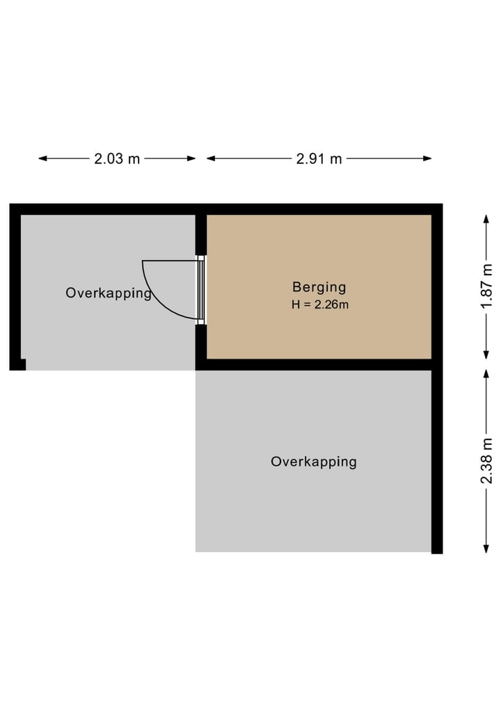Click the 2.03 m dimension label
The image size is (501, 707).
click(117, 159)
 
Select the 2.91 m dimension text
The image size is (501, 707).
click(319, 159)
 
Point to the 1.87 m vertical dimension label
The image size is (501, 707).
click(486, 286)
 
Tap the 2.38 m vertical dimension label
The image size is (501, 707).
click(486, 460)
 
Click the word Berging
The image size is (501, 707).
click(319, 286)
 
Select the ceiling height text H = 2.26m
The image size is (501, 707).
click(319, 304)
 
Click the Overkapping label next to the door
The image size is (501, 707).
click(109, 293)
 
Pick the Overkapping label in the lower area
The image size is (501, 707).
click(313, 462)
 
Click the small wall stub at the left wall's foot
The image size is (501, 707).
click(22, 364)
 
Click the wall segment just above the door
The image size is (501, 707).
click(201, 235)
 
